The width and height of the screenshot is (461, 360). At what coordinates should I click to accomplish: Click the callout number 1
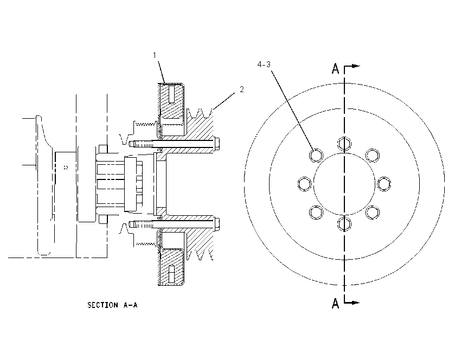[155, 55]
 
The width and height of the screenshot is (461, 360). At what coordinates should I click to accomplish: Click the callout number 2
[242, 89]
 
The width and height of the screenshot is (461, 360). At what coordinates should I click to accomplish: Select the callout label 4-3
[264, 65]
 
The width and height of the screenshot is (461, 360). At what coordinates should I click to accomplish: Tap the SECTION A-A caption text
[112, 305]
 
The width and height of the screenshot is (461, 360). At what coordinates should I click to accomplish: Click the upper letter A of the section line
[336, 68]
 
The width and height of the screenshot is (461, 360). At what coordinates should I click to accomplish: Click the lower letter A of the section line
[336, 303]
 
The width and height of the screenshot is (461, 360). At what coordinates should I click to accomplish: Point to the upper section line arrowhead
[356, 66]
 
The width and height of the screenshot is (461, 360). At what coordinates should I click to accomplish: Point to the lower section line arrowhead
[356, 303]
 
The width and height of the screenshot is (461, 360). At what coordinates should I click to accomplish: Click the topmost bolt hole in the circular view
[344, 144]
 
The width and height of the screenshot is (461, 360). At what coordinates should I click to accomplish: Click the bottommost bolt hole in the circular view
[344, 224]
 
